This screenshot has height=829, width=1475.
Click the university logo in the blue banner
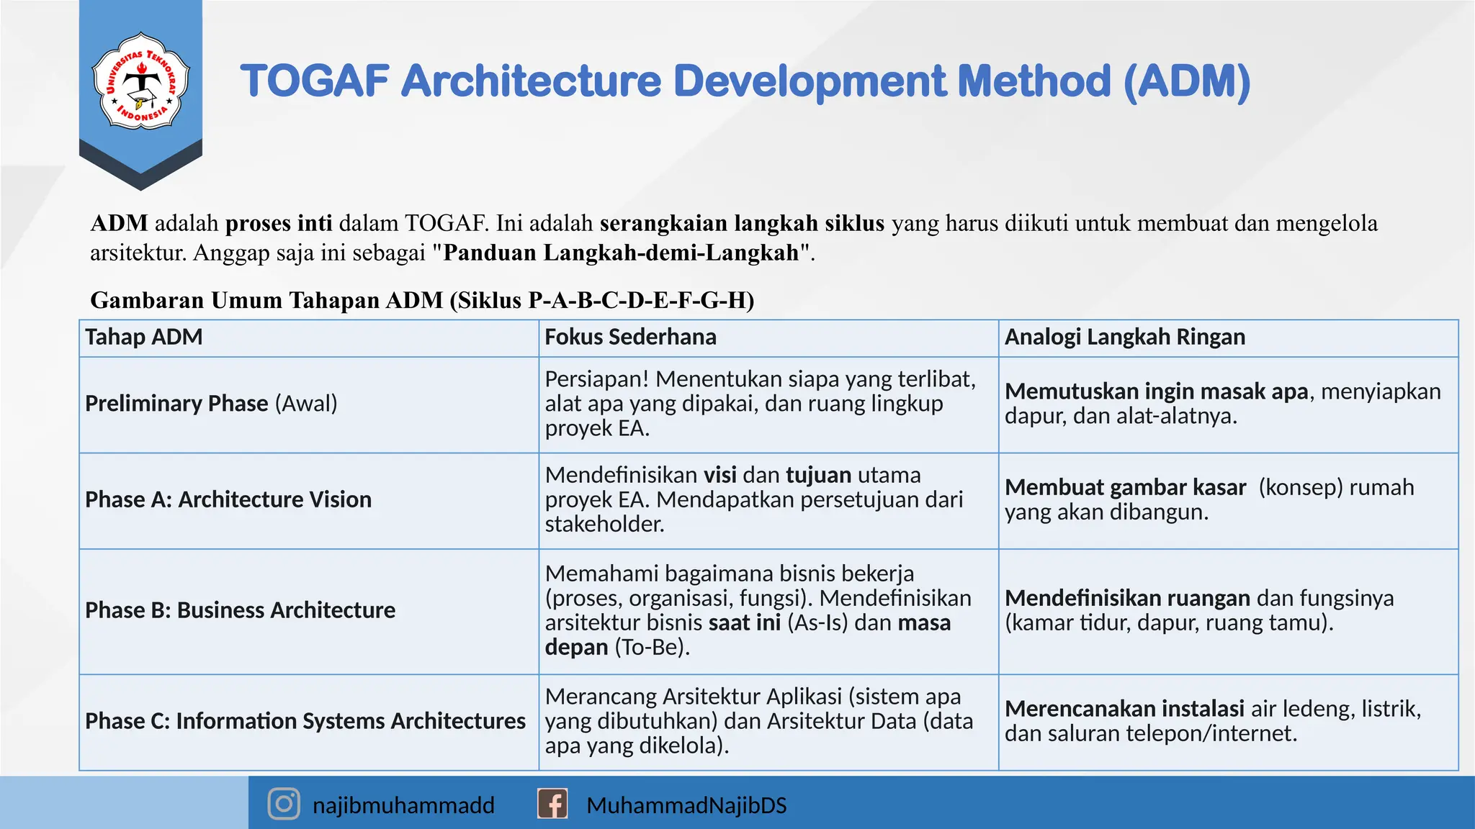[141, 81]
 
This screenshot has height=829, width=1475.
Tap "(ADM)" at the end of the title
[1186, 81]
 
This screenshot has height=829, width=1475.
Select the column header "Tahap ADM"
[144, 337]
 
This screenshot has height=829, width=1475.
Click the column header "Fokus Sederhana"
[630, 337]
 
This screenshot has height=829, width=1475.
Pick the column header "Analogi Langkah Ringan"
[1124, 337]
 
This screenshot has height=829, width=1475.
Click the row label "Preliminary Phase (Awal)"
[211, 403]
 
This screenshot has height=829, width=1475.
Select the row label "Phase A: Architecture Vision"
[228, 499]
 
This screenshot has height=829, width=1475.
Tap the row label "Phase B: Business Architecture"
[240, 610]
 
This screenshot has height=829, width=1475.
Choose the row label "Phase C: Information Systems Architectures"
[305, 721]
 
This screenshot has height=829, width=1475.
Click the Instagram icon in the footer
[284, 804]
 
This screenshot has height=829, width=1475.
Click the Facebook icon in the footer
[552, 804]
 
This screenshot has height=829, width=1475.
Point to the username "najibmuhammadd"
[403, 805]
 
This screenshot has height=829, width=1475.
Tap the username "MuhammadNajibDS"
[686, 805]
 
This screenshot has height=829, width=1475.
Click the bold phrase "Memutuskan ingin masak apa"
[1156, 391]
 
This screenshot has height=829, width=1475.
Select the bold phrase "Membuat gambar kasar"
[1125, 488]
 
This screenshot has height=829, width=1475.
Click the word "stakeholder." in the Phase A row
[605, 524]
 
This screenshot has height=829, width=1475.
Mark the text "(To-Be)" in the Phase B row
[652, 647]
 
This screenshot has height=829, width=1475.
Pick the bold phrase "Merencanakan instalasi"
[1124, 709]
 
